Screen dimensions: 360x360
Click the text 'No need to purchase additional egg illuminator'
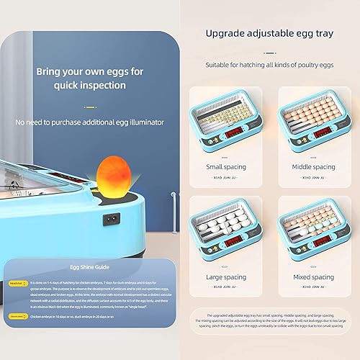click(89, 122)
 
